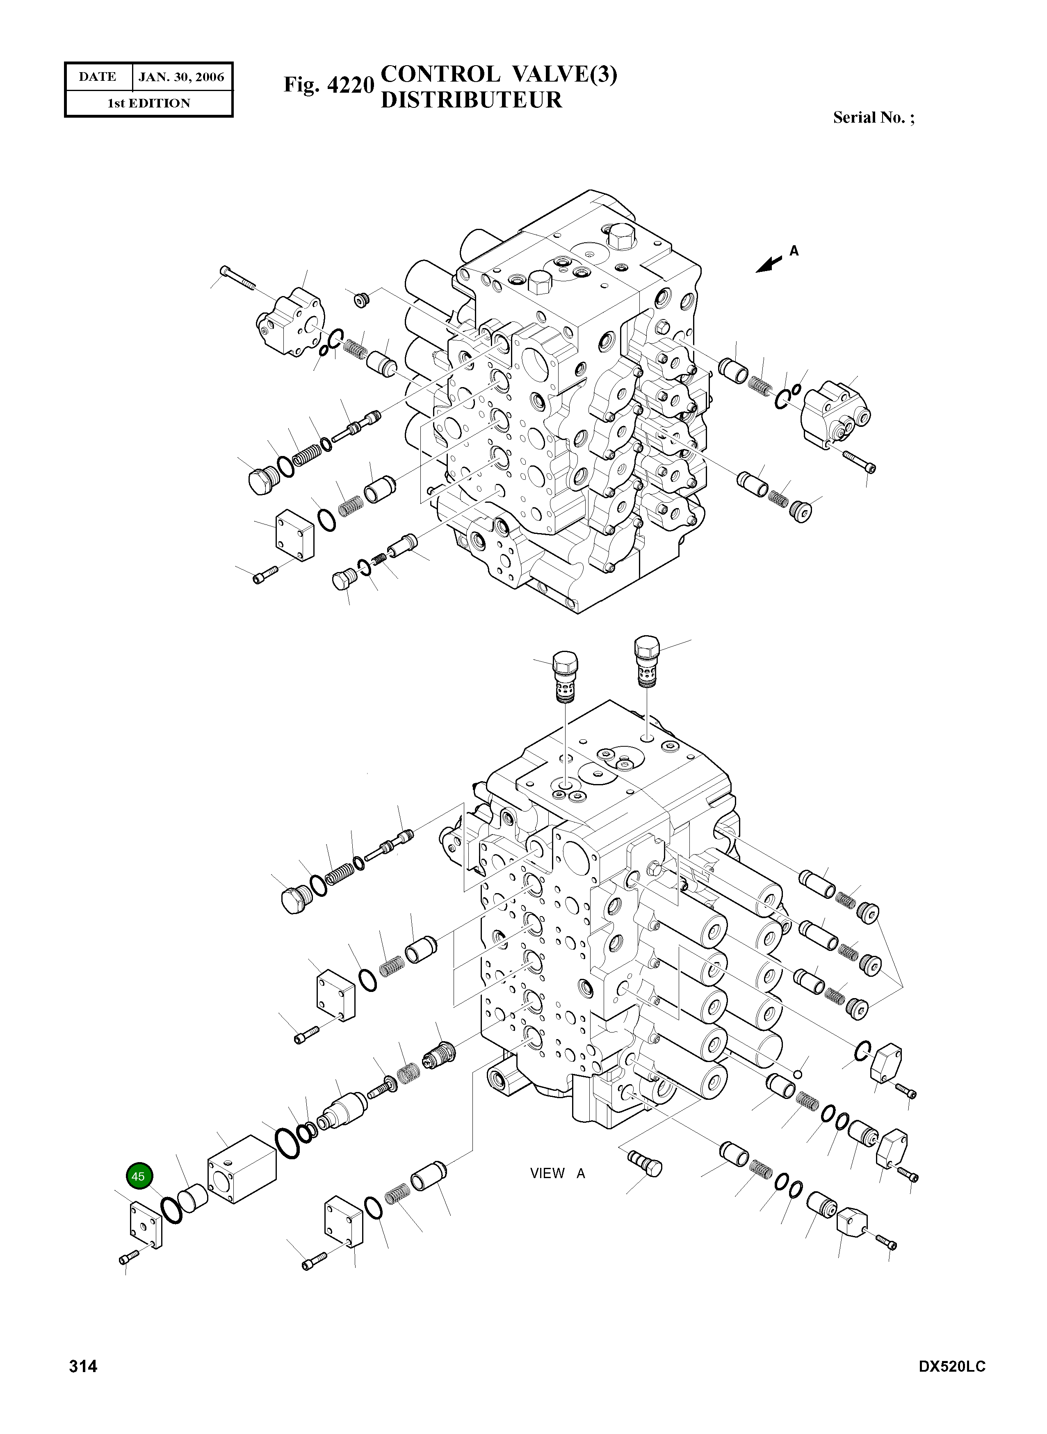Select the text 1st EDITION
click(x=148, y=103)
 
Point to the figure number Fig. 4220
click(x=328, y=84)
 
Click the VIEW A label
click(x=557, y=1174)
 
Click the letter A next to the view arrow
click(x=794, y=251)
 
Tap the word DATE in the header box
click(x=98, y=78)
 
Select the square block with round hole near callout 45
click(x=242, y=1169)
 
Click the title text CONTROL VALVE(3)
click(x=499, y=75)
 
